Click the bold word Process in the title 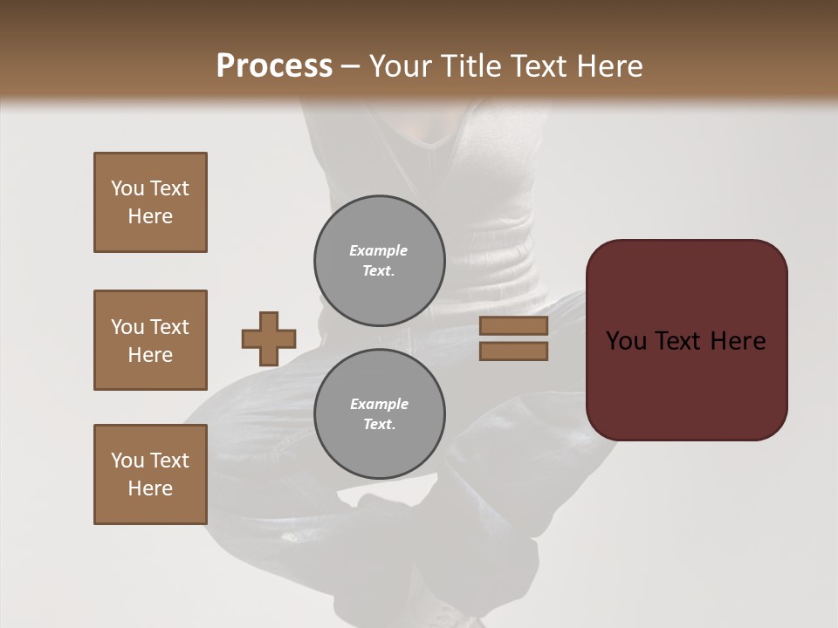[x=274, y=66]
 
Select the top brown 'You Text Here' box [x=150, y=202]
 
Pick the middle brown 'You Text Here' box [x=150, y=340]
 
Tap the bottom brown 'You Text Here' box [x=150, y=474]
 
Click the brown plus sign [x=269, y=338]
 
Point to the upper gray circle [x=379, y=260]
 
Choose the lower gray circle [x=379, y=413]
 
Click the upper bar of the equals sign [x=513, y=326]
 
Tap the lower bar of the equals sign [x=513, y=352]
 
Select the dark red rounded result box [x=686, y=340]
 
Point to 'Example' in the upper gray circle [x=379, y=250]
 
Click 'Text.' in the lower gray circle [x=379, y=424]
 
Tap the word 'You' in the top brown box [x=127, y=188]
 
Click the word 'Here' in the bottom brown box [x=150, y=488]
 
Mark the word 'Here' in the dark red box [x=738, y=341]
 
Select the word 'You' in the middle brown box [x=127, y=327]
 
